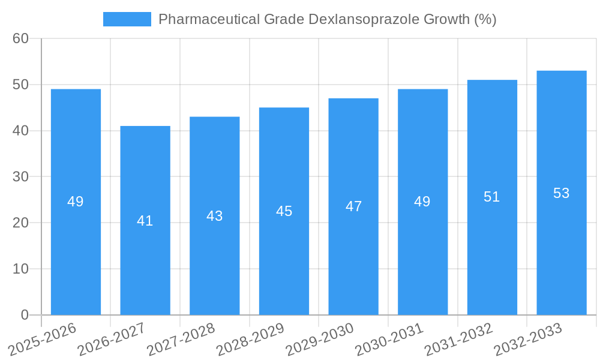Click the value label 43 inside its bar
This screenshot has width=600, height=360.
pyautogui.click(x=214, y=216)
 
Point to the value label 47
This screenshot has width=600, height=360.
pyautogui.click(x=353, y=206)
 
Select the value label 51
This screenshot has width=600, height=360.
pyautogui.click(x=491, y=197)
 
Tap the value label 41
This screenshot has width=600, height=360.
pyautogui.click(x=145, y=221)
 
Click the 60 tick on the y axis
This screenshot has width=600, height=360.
pyautogui.click(x=20, y=38)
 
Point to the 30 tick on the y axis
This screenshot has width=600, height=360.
pyautogui.click(x=20, y=176)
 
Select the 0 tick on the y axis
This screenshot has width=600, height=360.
pyautogui.click(x=25, y=314)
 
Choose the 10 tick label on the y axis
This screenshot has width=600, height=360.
pyautogui.click(x=20, y=269)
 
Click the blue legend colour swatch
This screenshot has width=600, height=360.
pyautogui.click(x=127, y=19)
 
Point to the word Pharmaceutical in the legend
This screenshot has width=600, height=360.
pyautogui.click(x=209, y=19)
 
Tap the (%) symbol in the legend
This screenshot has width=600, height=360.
pyautogui.click(x=485, y=19)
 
